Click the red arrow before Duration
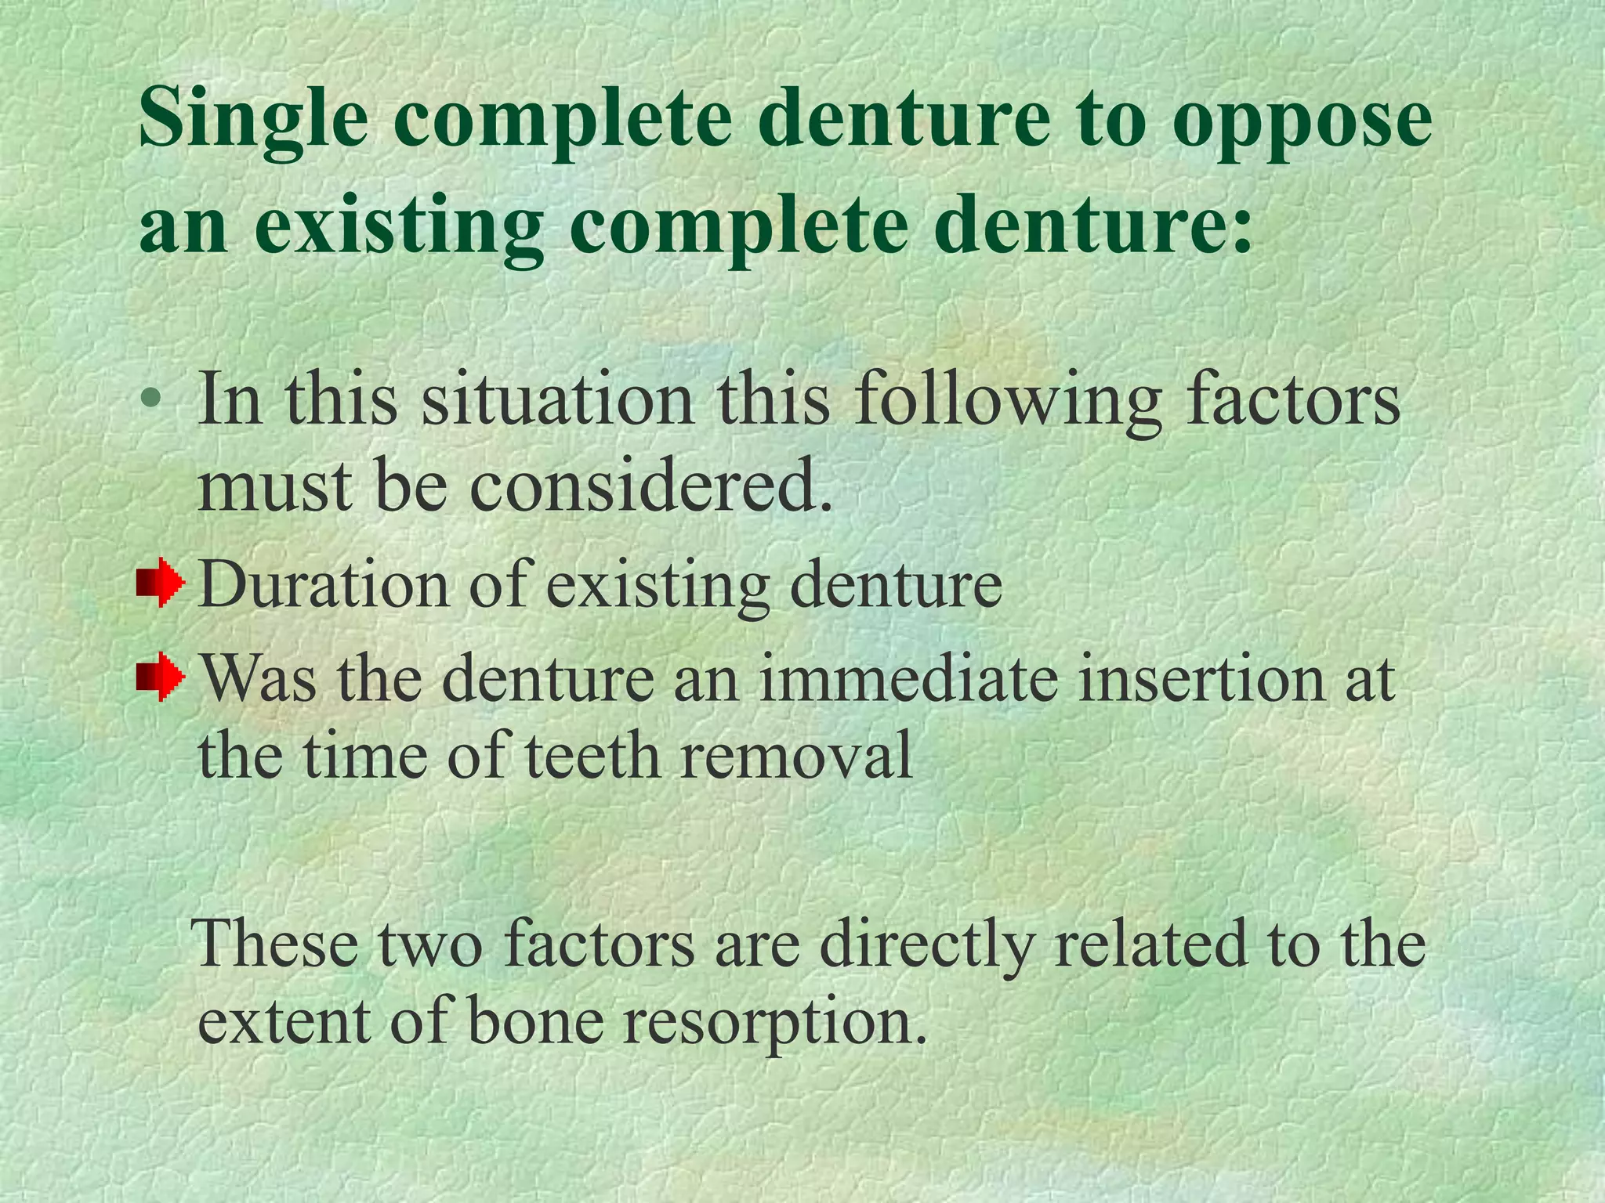pyautogui.click(x=161, y=583)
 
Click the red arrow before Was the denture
pyautogui.click(x=161, y=676)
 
